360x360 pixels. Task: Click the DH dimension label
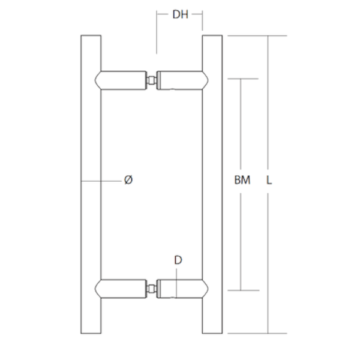pos(180,14)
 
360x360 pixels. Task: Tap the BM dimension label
pos(242,180)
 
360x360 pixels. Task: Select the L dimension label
pos(269,180)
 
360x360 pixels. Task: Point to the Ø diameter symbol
pos(128,179)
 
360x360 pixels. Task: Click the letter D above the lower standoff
pos(178,260)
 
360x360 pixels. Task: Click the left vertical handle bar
pos(91,184)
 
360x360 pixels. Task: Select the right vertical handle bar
pos(212,184)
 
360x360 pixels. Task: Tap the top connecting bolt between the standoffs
pos(152,80)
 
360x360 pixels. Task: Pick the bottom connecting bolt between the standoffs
pos(152,289)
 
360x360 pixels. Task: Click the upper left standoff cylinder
pos(121,80)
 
